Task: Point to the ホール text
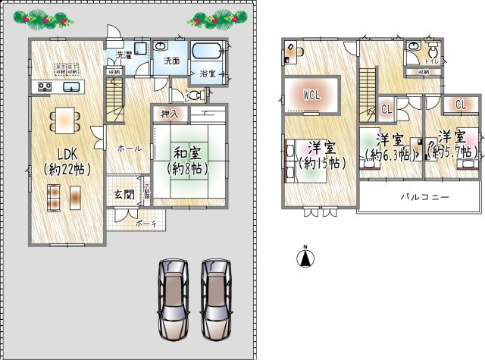pyautogui.click(x=130, y=149)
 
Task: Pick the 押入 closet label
pyautogui.click(x=170, y=114)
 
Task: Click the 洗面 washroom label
pyautogui.click(x=171, y=62)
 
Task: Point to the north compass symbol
pyautogui.click(x=305, y=257)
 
